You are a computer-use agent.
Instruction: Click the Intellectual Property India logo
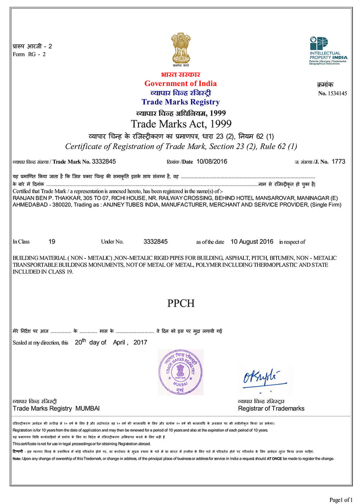click(x=328, y=50)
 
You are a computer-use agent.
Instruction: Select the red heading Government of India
click(x=180, y=84)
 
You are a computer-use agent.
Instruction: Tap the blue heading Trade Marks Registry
click(x=180, y=102)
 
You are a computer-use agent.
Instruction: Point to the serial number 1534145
click(x=337, y=94)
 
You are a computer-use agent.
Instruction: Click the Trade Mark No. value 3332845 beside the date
click(x=104, y=162)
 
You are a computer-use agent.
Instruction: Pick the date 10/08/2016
click(x=212, y=162)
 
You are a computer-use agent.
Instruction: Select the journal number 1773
click(x=338, y=162)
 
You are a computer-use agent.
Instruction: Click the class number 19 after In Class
click(x=52, y=242)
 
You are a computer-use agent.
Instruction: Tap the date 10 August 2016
click(x=252, y=242)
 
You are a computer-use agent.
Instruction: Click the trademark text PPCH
click(x=181, y=303)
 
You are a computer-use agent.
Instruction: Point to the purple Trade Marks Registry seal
click(x=180, y=372)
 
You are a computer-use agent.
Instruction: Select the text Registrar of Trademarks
click(x=271, y=409)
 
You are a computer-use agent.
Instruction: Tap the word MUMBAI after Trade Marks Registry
click(x=87, y=409)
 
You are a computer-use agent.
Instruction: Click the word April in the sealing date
click(x=119, y=342)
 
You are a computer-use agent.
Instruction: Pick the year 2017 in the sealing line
click(x=140, y=342)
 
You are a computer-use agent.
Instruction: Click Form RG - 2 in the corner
click(x=29, y=54)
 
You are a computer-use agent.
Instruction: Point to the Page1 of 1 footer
click(x=341, y=499)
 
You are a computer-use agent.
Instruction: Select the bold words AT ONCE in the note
click(x=274, y=459)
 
